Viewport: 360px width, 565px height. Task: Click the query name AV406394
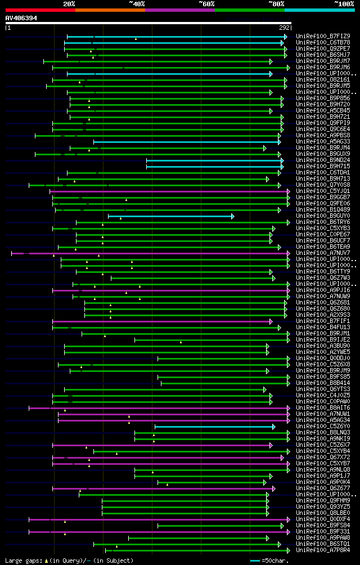point(21,18)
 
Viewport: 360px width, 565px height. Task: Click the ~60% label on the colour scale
point(206,3)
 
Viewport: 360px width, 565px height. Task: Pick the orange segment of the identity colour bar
point(110,10)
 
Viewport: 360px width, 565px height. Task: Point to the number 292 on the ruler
point(285,28)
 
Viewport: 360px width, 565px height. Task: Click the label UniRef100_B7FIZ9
point(322,36)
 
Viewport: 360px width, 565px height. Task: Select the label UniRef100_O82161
point(322,79)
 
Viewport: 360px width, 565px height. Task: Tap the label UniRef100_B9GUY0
point(322,216)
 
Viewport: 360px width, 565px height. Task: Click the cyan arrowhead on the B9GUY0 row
point(232,216)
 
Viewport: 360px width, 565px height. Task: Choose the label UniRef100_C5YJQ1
point(322,191)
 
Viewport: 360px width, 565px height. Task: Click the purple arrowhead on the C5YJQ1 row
point(289,191)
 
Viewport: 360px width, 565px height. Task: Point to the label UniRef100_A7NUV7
point(322,253)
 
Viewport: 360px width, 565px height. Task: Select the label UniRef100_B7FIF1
point(322,321)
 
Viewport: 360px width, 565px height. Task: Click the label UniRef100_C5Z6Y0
point(322,426)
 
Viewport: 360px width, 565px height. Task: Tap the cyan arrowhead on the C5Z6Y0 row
point(273,427)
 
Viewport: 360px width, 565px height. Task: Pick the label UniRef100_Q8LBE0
point(322,513)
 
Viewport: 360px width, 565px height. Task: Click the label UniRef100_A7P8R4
point(322,550)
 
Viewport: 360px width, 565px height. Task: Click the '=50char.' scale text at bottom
point(274,560)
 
